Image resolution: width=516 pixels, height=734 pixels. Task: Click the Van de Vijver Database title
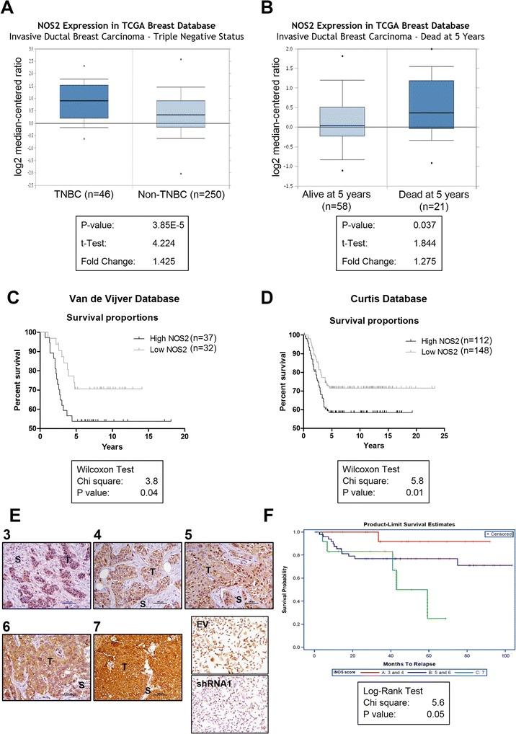click(x=103, y=298)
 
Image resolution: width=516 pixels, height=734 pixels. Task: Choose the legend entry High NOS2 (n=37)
click(x=159, y=337)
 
